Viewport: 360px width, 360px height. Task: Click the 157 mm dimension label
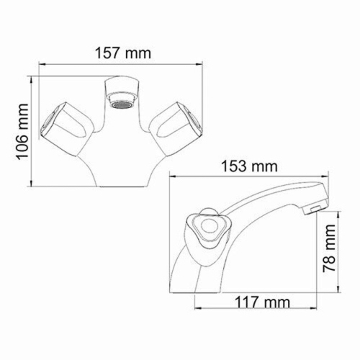tap(123, 53)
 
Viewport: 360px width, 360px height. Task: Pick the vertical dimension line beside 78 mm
tap(317, 248)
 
